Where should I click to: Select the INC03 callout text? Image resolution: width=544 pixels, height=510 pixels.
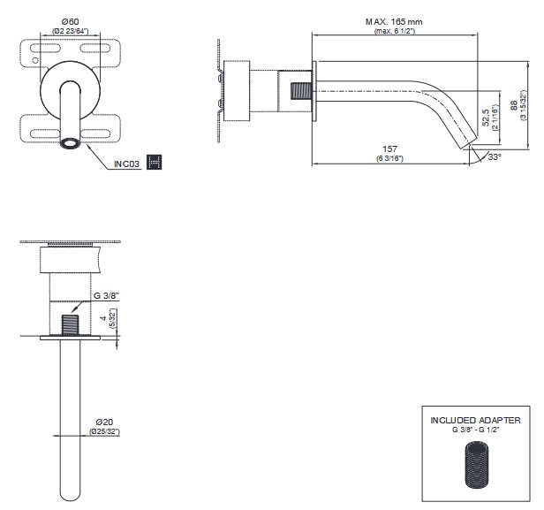pos(129,163)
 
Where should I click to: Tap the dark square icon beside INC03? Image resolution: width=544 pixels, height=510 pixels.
pos(155,162)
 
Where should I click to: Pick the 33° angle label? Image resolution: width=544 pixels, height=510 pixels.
pos(494,156)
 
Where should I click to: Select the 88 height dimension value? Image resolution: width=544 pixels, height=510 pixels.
pos(513,104)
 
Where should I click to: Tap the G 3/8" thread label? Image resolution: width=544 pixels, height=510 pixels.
pos(107,297)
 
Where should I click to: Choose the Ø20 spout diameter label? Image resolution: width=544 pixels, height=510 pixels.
pos(104,422)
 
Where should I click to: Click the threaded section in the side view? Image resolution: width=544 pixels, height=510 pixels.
pos(301,91)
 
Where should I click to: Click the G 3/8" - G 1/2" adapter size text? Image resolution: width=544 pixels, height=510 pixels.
pos(475,430)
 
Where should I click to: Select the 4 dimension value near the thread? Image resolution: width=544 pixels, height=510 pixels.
pos(103,316)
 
